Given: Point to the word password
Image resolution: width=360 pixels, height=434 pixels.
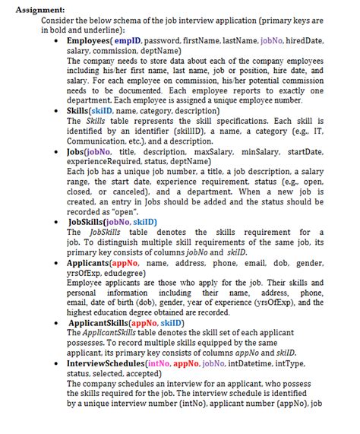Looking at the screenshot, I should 163,39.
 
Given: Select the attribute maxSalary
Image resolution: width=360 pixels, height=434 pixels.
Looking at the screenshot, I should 215,151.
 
